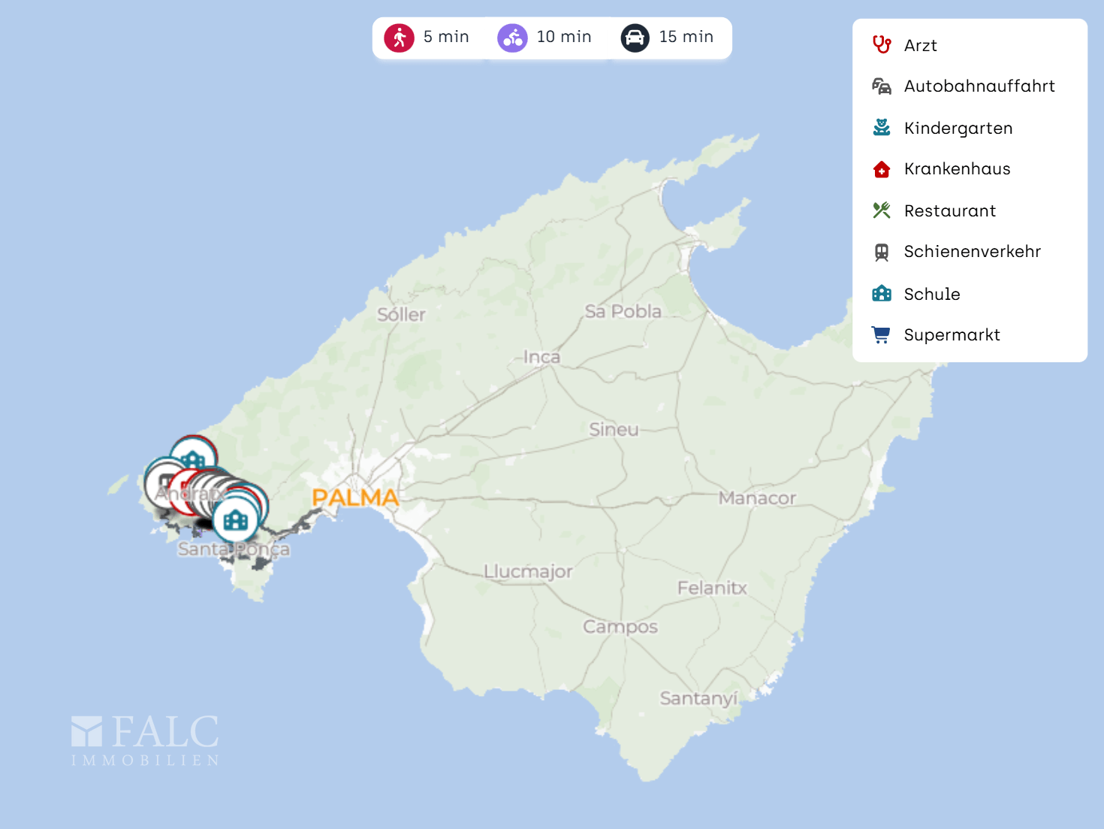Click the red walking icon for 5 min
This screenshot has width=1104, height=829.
399,38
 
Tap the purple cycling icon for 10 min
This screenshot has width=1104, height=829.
512,38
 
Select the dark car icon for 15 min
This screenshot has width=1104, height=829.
635,38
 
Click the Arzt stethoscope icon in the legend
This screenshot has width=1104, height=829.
882,45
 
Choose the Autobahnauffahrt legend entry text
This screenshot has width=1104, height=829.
979,86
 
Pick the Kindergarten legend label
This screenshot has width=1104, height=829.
958,129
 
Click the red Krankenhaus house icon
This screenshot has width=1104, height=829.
882,169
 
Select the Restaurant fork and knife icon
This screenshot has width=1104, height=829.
882,210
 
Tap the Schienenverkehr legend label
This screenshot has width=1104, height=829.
973,252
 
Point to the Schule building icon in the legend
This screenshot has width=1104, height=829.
882,294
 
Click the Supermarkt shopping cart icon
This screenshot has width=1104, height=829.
882,334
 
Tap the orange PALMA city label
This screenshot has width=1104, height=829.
355,498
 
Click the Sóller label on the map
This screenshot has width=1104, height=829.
401,315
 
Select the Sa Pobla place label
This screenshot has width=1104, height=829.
623,311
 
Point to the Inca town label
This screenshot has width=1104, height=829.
541,357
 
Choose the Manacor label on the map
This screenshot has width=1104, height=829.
757,498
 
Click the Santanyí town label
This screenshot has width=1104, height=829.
698,699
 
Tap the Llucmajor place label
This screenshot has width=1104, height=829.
528,572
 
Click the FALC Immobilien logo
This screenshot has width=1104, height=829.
145,740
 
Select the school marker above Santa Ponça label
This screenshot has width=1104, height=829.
236,519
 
